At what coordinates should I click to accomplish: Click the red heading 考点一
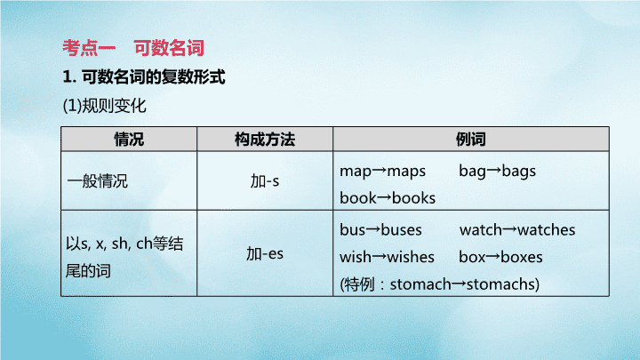pyautogui.click(x=89, y=48)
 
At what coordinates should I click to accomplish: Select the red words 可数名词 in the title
pyautogui.click(x=169, y=48)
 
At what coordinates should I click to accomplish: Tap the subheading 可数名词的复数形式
pyautogui.click(x=154, y=76)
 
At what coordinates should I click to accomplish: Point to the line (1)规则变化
pyautogui.click(x=105, y=106)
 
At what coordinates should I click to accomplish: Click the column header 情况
pyautogui.click(x=129, y=140)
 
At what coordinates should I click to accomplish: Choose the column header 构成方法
pyautogui.click(x=265, y=140)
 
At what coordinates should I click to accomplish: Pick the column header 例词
pyautogui.click(x=470, y=140)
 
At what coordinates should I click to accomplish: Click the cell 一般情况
pyautogui.click(x=98, y=180)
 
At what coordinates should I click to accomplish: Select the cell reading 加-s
pyautogui.click(x=265, y=180)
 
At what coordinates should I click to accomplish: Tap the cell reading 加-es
pyautogui.click(x=265, y=254)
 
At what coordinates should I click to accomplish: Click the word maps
pyautogui.click(x=406, y=172)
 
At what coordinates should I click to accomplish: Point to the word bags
pyautogui.click(x=519, y=172)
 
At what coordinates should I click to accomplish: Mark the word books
pyautogui.click(x=414, y=198)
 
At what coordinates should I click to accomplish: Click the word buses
pyautogui.click(x=401, y=230)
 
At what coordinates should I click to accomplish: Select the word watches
pyautogui.click(x=546, y=230)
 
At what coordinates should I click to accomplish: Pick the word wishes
pyautogui.click(x=411, y=257)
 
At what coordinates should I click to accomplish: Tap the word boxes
pyautogui.click(x=522, y=257)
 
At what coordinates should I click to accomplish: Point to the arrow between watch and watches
pyautogui.click(x=509, y=230)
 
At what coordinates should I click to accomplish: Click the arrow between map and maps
pyautogui.click(x=380, y=171)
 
